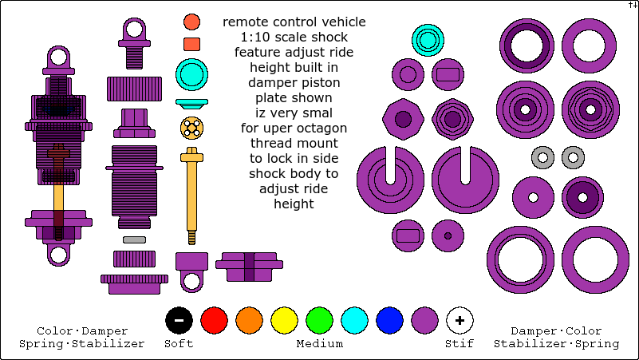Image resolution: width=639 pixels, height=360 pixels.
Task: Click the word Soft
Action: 179,344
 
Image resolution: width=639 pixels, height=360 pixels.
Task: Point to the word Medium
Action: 319,344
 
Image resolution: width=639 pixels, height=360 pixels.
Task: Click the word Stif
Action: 460,344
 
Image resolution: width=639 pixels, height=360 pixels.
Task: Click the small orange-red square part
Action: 191,44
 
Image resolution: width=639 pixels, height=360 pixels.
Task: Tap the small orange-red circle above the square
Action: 191,22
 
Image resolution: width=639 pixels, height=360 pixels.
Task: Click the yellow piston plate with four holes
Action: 191,127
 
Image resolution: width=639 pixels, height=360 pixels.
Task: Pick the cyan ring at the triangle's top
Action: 428,40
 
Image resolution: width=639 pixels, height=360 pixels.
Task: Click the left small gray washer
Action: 542,157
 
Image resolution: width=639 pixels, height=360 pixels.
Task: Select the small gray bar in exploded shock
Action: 134,239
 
